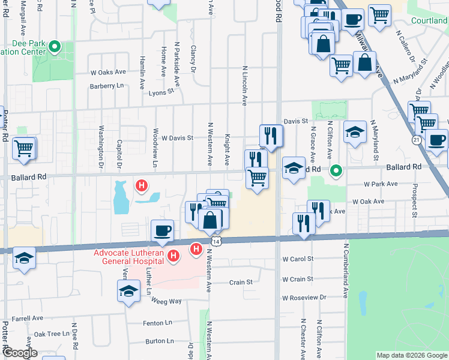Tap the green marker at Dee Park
point(55,46)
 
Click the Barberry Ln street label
point(106,86)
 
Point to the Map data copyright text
point(411,355)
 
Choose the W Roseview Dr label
point(304,298)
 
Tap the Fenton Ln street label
point(158,323)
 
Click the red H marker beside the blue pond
point(141,186)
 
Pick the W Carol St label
point(298,259)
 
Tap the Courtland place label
point(429,20)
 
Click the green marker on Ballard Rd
point(337,171)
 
